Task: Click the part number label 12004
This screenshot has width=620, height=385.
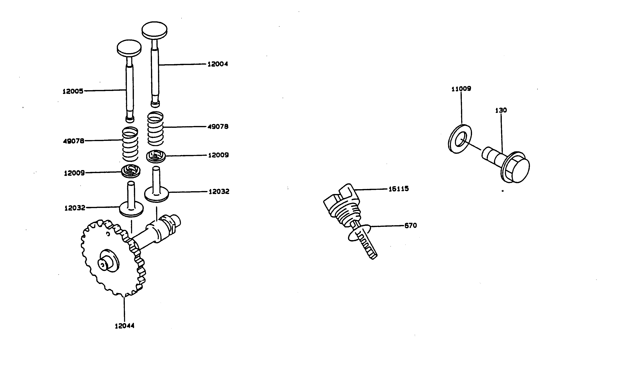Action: pos(218,64)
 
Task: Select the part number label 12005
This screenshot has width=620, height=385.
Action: pos(73,91)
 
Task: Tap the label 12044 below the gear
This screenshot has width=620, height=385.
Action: pos(124,326)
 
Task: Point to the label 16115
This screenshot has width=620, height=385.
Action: pos(398,189)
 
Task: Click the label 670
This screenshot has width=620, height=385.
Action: pos(411,225)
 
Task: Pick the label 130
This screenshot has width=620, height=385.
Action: pos(501,110)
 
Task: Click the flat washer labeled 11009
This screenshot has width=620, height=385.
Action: pos(460,139)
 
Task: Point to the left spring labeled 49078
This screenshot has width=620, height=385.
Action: pos(130,144)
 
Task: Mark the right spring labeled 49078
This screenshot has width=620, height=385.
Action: pos(155,129)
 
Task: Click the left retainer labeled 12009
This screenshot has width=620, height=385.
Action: pos(131,171)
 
